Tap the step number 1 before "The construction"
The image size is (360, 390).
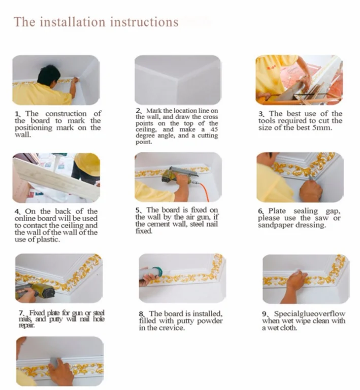coord(17,114)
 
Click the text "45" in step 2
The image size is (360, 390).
coord(214,130)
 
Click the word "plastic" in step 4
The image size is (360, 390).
coord(48,240)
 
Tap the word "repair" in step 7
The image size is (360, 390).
coord(26,325)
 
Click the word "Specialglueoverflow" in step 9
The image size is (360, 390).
coord(309,314)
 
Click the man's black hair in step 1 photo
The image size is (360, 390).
coord(49,74)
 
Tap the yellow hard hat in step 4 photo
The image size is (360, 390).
coord(88,163)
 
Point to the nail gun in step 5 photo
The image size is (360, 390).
coord(178,175)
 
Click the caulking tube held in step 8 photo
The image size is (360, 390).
coord(151,273)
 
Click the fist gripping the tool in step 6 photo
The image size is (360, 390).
coord(310,191)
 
